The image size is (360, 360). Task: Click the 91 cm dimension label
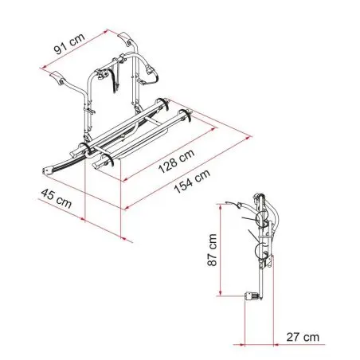click(69, 43)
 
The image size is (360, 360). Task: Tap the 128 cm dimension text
click(176, 161)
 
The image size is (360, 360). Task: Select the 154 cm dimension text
click(192, 181)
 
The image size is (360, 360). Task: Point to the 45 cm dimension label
click(57, 199)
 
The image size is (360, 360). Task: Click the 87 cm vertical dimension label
click(212, 250)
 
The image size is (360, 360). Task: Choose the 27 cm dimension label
click(303, 337)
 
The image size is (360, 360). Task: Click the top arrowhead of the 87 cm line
click(221, 207)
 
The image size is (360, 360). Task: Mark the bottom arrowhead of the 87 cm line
click(221, 293)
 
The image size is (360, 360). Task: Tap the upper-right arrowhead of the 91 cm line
click(106, 31)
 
